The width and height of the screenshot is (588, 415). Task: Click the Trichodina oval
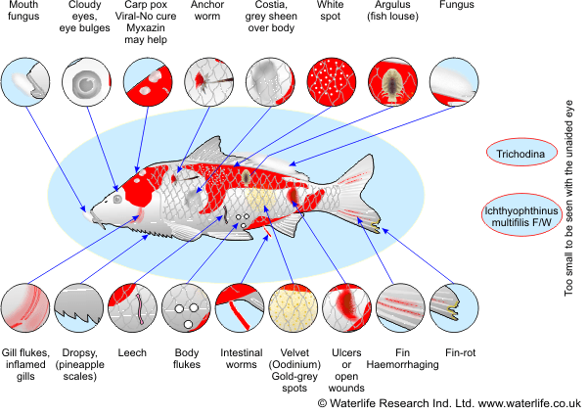(x=521, y=152)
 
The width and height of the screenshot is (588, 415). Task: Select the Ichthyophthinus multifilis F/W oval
(x=521, y=215)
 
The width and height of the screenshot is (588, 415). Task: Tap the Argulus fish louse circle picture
(x=392, y=82)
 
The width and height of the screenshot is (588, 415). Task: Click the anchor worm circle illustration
(x=208, y=82)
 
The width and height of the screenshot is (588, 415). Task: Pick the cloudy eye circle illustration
(x=87, y=82)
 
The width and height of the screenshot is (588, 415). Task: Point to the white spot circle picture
(x=331, y=82)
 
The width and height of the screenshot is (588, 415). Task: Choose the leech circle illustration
(x=132, y=308)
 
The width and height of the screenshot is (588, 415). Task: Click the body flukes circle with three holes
(x=186, y=308)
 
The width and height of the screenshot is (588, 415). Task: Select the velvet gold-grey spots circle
(x=294, y=308)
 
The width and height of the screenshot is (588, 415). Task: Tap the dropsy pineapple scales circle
(x=78, y=308)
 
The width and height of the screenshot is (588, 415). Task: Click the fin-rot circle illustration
(x=454, y=308)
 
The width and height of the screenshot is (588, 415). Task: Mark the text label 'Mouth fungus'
(x=23, y=11)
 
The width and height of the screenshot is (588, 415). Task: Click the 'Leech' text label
(x=132, y=352)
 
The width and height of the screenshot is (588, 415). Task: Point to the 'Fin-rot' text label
(x=460, y=352)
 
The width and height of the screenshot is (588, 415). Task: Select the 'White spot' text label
(x=331, y=11)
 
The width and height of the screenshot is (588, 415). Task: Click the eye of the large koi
(x=117, y=199)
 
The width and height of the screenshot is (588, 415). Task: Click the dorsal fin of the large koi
(x=206, y=150)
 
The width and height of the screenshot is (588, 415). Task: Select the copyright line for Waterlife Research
(x=449, y=403)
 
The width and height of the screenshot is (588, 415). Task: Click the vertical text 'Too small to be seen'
(x=568, y=198)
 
